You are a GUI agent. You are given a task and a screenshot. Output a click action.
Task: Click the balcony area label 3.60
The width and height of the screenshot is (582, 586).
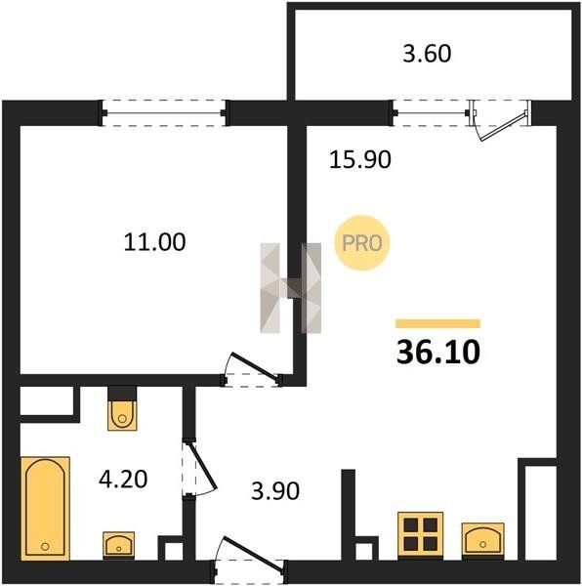click(427, 54)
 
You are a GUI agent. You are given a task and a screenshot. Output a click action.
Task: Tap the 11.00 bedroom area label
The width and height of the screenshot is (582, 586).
click(154, 242)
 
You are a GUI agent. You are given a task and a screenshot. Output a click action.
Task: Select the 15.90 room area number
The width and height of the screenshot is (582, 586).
click(360, 159)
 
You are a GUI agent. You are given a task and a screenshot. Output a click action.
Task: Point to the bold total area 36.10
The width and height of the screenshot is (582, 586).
click(438, 352)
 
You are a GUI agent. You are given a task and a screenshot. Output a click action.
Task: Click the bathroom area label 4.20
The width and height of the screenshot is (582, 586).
click(123, 480)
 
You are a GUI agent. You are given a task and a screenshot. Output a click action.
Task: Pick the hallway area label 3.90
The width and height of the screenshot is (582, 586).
click(275, 490)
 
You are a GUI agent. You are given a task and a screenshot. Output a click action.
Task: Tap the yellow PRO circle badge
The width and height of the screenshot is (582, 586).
click(362, 243)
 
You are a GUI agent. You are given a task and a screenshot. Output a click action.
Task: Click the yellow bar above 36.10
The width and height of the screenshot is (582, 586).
click(437, 323)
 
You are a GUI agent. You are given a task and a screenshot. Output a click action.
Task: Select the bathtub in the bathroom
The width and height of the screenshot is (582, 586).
click(45, 509)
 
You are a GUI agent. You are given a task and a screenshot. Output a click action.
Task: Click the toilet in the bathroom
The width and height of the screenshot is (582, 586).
click(122, 409)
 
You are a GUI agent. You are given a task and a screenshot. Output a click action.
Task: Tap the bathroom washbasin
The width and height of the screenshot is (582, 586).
click(119, 546)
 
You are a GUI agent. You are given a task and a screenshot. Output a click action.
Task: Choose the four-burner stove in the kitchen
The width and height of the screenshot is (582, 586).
click(421, 535)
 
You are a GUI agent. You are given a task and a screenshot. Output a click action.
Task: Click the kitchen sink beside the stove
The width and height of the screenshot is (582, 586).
click(483, 540)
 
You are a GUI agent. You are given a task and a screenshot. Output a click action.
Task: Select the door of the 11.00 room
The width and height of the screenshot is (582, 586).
click(252, 369)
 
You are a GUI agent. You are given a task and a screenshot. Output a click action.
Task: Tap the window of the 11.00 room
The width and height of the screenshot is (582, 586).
click(164, 113)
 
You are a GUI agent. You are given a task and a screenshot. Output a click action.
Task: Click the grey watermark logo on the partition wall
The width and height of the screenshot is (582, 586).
click(290, 288)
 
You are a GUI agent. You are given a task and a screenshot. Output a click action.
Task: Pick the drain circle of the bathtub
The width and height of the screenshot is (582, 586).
click(45, 547)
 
